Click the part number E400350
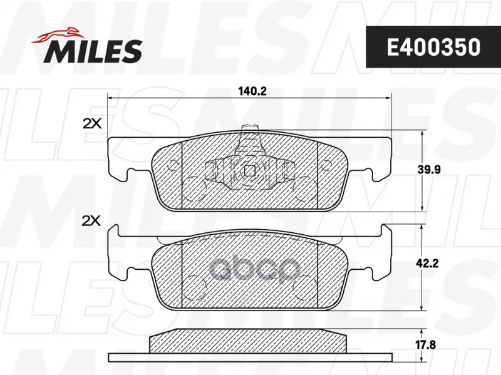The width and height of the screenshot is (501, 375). pos(433,48)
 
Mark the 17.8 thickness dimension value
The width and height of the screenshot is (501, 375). pos(426,345)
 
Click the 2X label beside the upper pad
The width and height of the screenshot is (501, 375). pos(92,123)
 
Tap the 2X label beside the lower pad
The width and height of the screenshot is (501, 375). pos(91,221)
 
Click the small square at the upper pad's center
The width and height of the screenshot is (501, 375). pos(249,170)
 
